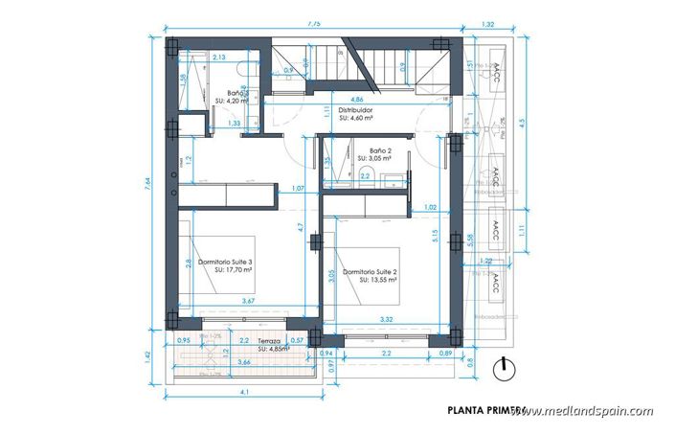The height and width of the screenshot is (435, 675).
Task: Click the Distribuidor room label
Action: coord(355,110)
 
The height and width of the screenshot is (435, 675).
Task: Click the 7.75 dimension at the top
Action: coord(314,21)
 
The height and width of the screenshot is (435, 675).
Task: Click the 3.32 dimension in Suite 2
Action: coord(387,318)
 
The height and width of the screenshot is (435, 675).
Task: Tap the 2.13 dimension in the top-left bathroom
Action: coord(218,57)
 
